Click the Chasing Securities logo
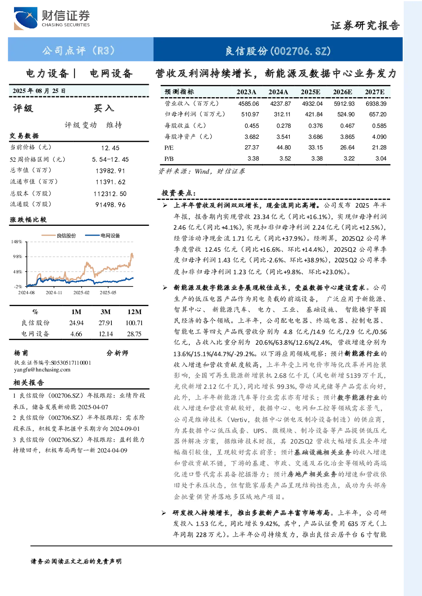(x=52, y=18)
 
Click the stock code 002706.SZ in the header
(x=300, y=51)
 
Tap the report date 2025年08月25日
(x=39, y=91)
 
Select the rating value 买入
(x=104, y=108)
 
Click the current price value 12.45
(x=110, y=148)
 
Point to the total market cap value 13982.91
(x=110, y=171)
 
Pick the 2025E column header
(x=310, y=92)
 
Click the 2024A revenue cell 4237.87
(x=280, y=104)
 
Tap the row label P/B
(x=169, y=159)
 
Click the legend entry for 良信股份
(x=59, y=236)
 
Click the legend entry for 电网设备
(x=102, y=236)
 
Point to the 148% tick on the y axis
(x=17, y=242)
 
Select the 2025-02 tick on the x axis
(x=82, y=292)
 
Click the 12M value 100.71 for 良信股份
(x=134, y=323)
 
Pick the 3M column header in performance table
(x=105, y=312)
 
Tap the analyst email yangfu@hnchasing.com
(x=42, y=370)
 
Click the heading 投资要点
(x=178, y=193)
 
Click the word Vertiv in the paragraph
(x=239, y=419)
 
